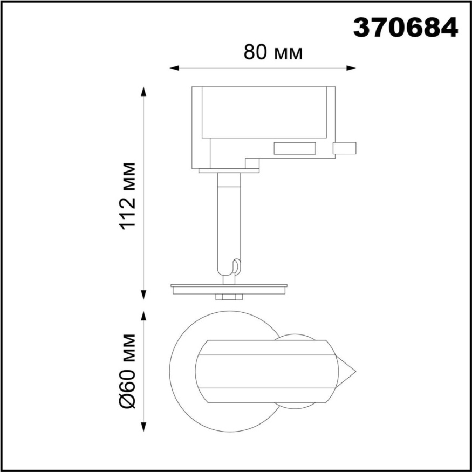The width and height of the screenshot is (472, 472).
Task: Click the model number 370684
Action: point(405,26)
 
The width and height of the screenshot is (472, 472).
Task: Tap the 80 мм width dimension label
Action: point(273,52)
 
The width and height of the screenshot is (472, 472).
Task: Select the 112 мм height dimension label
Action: point(129,196)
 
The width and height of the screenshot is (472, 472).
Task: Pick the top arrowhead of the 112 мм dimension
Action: point(144,91)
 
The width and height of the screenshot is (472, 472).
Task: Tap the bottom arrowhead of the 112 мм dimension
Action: point(144,295)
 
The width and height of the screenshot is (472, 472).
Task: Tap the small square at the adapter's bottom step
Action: point(252,163)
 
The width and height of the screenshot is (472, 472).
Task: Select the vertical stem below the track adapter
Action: point(228,221)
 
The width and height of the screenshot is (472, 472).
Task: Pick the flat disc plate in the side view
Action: point(229,286)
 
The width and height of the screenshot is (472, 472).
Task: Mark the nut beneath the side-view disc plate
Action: point(229,297)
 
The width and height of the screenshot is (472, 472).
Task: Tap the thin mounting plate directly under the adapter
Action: point(229,171)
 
